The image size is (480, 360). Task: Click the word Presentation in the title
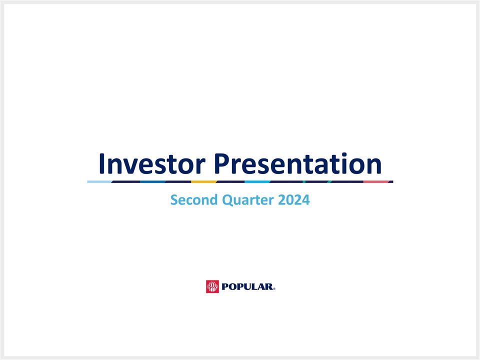298,164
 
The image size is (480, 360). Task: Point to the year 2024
294,200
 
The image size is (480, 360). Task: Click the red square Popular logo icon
212,286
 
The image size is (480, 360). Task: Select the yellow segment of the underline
203,181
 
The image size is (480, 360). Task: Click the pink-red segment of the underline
376,181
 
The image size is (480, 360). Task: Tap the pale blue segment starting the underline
99,181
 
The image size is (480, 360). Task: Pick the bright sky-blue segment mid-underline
257,181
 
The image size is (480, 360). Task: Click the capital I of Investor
101,164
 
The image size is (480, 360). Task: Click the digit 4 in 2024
306,200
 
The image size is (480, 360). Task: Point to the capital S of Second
173,200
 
